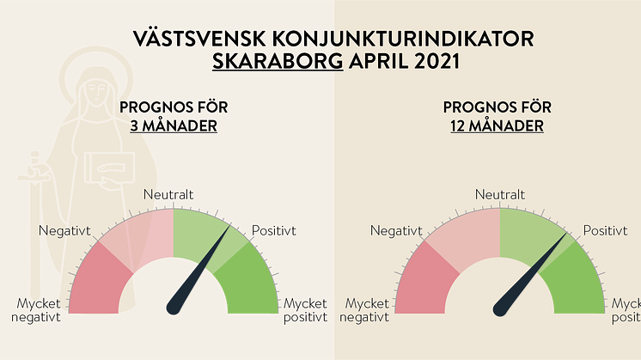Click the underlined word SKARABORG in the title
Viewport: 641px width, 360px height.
[278, 61]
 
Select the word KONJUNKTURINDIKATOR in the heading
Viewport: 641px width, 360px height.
[403, 39]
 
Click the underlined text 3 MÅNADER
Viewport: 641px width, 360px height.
[174, 125]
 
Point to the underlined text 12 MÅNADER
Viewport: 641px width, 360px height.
[498, 125]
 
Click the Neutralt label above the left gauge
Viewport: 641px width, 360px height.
[168, 194]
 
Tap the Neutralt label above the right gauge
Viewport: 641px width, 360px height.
[500, 194]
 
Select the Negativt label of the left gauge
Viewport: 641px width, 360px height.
[64, 231]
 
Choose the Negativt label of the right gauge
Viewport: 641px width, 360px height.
[396, 231]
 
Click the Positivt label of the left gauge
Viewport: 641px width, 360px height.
[274, 230]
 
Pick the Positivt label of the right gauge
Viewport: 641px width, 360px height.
[605, 230]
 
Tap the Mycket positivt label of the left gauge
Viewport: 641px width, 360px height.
[305, 310]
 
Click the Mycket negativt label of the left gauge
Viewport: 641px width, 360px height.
[36, 310]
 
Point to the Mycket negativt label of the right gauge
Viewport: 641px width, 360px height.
[364, 310]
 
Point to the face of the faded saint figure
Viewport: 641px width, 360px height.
[95, 92]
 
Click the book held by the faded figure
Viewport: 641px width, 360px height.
[110, 168]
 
